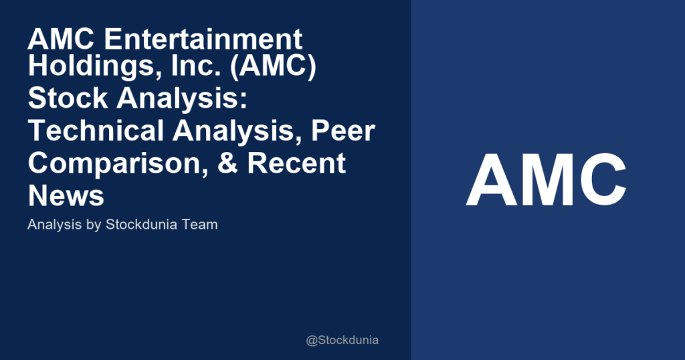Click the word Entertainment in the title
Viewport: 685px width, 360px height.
coord(203,40)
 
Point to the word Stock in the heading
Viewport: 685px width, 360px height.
coord(59,100)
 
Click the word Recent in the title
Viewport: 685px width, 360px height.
coord(298,163)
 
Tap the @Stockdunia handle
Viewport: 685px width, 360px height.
coord(342,340)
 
